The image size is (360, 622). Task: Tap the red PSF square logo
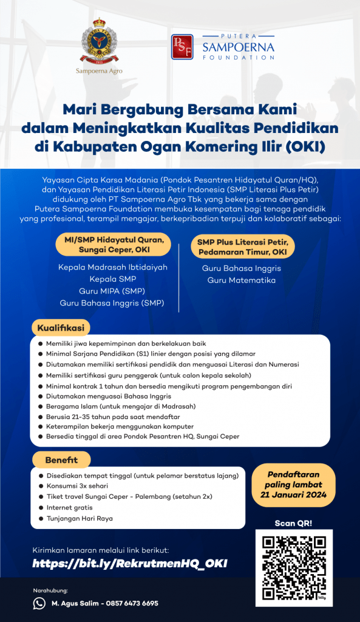click(182, 47)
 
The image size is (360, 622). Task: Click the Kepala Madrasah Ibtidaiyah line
click(113, 267)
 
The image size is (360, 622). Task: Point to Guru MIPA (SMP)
click(113, 291)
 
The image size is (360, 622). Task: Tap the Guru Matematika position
click(242, 280)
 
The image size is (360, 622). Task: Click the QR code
click(294, 568)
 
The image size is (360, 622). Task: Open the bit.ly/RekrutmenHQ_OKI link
click(130, 564)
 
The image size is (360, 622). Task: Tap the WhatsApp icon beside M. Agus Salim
click(39, 603)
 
